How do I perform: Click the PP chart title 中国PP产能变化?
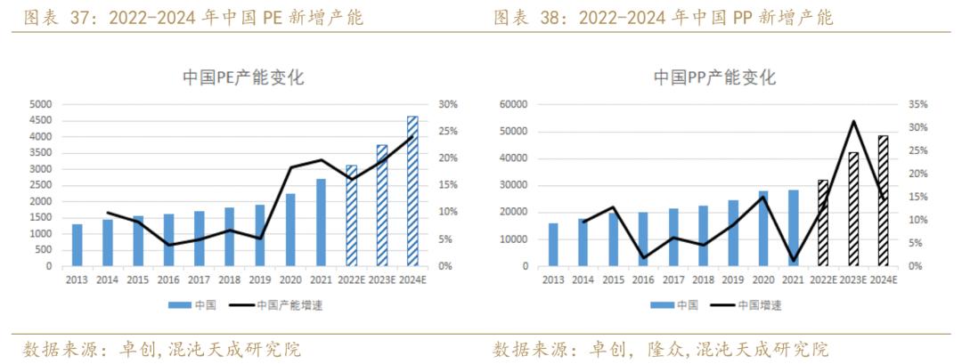(x=714, y=77)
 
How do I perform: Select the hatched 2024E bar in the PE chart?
(x=412, y=191)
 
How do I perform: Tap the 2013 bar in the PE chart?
(x=77, y=246)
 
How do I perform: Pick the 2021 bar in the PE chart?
(x=321, y=222)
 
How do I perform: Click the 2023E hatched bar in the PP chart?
(x=852, y=209)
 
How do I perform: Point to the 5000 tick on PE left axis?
(x=40, y=104)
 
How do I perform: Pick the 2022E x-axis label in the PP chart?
(x=822, y=279)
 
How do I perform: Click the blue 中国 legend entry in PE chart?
(x=192, y=304)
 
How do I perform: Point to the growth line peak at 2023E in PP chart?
(x=852, y=121)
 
